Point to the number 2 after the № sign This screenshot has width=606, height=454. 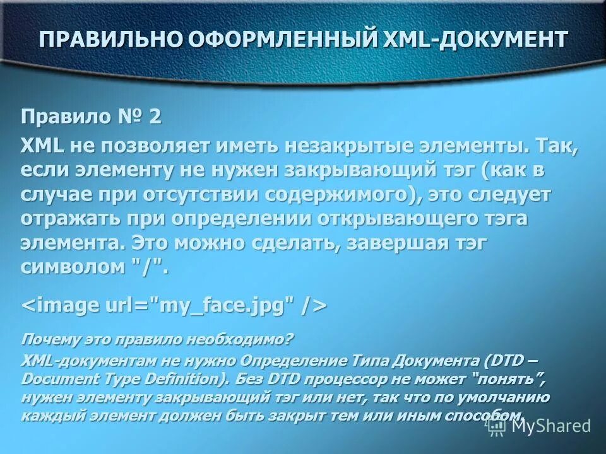pos(155,117)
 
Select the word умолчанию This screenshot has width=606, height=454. pos(508,397)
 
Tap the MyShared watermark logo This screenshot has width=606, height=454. pos(540,426)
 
